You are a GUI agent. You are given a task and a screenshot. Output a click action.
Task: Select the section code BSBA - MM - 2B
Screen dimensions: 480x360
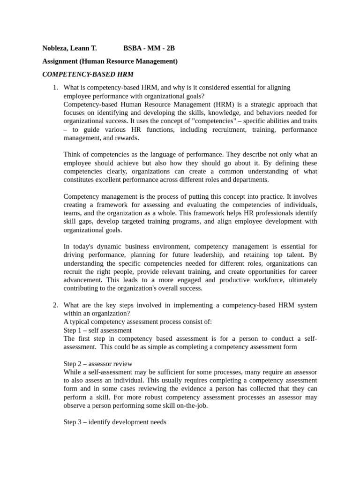tap(149, 48)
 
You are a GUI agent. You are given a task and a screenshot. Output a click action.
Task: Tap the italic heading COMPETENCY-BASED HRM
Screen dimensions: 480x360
tap(88, 74)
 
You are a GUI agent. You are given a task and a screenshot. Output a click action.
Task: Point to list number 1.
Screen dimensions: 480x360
tap(55, 87)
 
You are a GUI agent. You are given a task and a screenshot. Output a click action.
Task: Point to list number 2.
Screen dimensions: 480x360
tap(55, 305)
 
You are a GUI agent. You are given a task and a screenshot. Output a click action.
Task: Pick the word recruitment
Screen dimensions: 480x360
tap(227, 129)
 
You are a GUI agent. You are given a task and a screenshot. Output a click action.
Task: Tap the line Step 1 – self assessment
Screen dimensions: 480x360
tap(97, 330)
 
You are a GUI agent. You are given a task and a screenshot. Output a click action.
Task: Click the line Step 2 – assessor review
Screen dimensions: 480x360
tap(97, 364)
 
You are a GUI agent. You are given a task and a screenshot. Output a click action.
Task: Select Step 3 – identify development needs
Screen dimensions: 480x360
tap(115, 422)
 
